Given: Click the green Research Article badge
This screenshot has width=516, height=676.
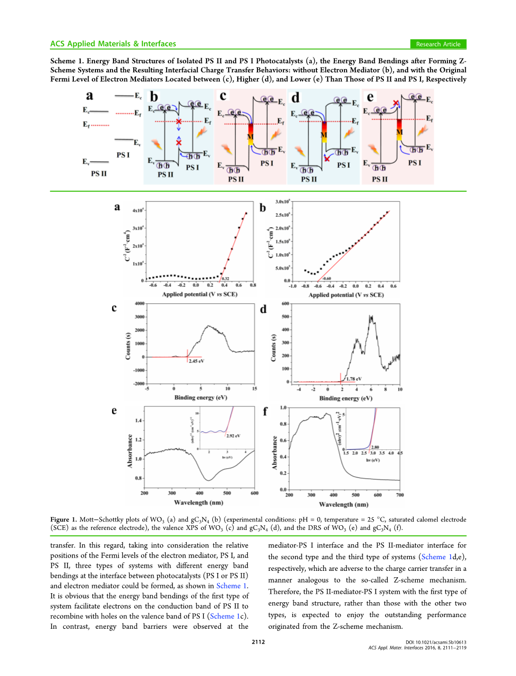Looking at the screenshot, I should coord(438,44).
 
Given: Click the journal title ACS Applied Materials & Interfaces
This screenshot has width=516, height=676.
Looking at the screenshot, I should coord(113,44).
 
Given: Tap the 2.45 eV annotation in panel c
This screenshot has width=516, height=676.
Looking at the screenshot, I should coord(196,361).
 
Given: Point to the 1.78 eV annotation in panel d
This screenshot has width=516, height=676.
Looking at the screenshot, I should coord(354,379).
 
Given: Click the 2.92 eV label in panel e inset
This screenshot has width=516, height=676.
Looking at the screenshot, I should coord(233,435).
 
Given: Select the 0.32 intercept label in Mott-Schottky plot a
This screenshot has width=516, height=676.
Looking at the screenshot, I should coord(226,278).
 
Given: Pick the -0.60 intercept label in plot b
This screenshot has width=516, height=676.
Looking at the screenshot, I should coord(326,278).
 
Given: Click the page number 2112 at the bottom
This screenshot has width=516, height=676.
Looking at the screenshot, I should coord(258,641).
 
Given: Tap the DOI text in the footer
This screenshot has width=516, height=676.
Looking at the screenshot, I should coord(435,642).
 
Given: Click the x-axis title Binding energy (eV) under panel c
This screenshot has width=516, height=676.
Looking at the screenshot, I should coord(201,397).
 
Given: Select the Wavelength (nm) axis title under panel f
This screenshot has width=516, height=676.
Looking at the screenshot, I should coord(343,504).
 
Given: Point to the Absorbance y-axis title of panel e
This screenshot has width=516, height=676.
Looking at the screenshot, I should coord(130,451).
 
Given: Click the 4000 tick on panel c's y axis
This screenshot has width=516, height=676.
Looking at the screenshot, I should coord(140,304).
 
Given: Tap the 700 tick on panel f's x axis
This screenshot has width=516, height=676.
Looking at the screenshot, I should coord(400,495).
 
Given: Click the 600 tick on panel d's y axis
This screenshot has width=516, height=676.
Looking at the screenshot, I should coord(286,304).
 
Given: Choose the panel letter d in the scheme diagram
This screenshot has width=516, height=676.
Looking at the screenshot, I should coord(296,98).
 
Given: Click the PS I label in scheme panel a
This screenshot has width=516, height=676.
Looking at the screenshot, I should coord(123,155).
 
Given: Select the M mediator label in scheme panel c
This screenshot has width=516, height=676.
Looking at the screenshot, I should coord(250,137).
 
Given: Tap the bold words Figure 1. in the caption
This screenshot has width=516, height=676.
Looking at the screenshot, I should coord(64,519).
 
